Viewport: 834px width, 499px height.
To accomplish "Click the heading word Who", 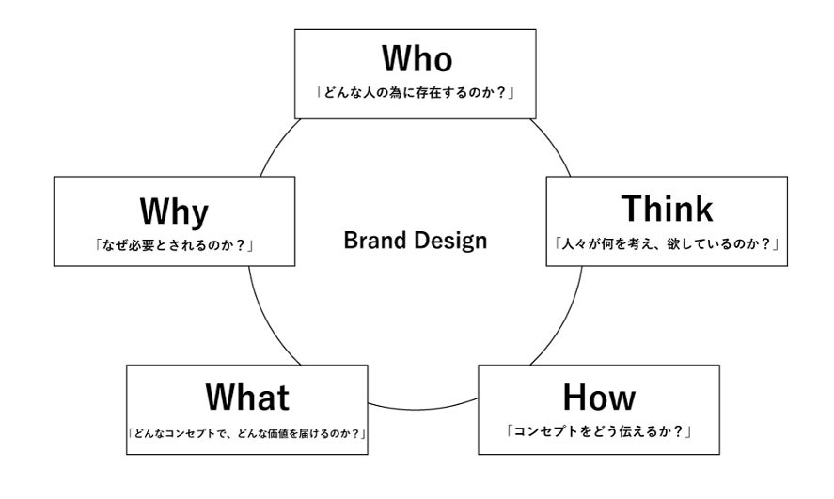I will click(416, 59).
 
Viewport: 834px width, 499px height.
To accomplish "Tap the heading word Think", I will click(668, 209).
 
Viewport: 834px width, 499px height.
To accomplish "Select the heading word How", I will click(599, 398).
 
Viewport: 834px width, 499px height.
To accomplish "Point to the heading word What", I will click(246, 398).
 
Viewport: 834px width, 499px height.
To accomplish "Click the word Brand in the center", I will click(373, 241).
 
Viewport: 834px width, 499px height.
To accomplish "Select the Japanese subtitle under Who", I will click(416, 95).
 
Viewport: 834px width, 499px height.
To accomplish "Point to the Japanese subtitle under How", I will click(599, 433).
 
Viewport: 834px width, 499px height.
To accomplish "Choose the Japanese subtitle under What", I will click(246, 433).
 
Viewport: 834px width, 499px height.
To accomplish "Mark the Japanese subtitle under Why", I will click(174, 246).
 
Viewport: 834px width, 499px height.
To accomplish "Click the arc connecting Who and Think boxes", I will click(555, 146).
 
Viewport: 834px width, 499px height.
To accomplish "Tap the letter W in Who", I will click(395, 59).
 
